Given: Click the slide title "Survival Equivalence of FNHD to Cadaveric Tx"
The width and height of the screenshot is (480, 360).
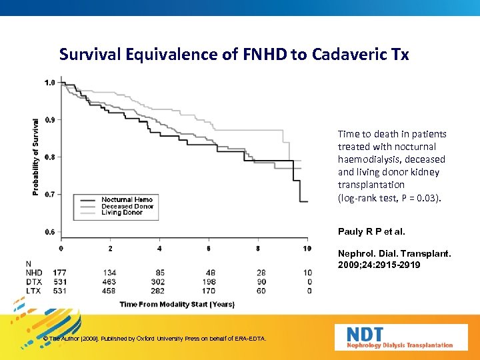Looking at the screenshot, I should tap(234, 54).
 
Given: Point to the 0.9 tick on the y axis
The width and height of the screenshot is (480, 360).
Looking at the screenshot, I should tap(50, 120).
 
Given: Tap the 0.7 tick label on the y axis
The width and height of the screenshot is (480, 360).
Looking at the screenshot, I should tap(50, 195).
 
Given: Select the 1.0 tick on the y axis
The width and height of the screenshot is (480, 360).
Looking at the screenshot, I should tap(50, 83).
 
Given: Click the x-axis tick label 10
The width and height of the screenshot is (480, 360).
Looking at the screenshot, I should tap(307, 249).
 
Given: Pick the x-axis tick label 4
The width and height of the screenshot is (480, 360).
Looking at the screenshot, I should tap(159, 249).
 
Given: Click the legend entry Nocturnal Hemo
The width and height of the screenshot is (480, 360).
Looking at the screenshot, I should tap(127, 199).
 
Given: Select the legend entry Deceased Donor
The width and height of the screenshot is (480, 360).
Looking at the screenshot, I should tap(127, 206).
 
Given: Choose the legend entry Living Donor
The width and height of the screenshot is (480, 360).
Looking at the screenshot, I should tap(122, 213).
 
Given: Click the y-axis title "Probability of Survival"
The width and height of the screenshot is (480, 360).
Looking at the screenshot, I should tap(35, 157).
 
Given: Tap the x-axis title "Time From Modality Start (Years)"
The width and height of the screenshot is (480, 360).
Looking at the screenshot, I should tap(177, 304).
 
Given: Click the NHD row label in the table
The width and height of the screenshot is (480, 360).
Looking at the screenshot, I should tap(34, 273).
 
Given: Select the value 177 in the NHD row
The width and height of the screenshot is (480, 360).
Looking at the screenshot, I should tap(60, 273).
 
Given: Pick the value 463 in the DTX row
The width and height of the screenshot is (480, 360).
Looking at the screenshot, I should tap(109, 282).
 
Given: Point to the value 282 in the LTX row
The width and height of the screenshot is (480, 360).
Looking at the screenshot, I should tap(159, 291).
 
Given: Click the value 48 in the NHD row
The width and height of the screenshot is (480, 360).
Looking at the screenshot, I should tap(209, 273).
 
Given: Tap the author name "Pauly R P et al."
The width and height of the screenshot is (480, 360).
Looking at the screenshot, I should tap(371, 232).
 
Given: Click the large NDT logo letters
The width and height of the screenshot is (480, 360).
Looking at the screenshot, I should tap(365, 334).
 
